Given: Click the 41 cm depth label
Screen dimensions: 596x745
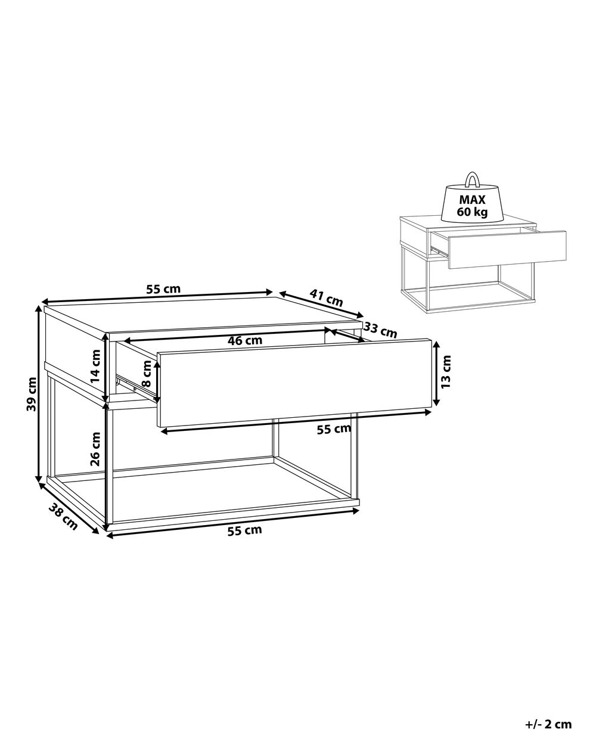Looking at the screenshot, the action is (x=326, y=298).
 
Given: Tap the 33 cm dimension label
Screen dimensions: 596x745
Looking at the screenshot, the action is (x=381, y=330).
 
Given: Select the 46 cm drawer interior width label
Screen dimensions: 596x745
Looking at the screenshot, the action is (x=245, y=341).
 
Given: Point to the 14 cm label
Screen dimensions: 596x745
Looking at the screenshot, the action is (x=95, y=365).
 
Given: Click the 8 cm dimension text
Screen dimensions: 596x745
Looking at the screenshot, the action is (x=147, y=373).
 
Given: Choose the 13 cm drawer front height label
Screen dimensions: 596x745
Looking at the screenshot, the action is (x=446, y=371).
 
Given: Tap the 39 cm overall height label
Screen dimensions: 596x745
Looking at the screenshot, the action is (x=31, y=394).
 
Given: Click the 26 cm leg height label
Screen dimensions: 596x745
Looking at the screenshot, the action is (x=95, y=449).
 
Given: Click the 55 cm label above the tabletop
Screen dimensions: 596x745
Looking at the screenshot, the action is (x=163, y=289).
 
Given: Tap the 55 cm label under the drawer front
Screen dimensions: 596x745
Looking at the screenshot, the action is (x=334, y=429).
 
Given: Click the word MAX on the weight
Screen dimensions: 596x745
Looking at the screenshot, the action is (x=473, y=200).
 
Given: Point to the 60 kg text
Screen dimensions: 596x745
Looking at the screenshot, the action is (x=472, y=212).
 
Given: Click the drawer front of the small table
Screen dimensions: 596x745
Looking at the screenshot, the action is (x=507, y=250).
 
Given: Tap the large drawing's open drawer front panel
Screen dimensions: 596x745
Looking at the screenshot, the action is (x=294, y=383).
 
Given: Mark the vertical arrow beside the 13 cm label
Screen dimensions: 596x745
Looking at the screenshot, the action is (x=436, y=373).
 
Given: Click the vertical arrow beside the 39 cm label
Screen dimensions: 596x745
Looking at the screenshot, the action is (x=39, y=395).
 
